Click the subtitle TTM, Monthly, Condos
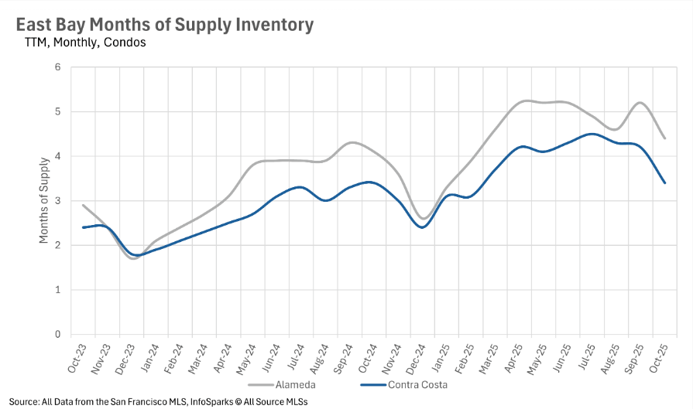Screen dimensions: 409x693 85,43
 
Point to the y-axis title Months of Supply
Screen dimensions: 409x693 44,201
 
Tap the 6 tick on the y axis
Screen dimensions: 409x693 57,67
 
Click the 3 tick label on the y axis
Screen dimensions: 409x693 57,201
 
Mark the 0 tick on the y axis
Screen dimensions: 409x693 57,335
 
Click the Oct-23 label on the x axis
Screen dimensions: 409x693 75,356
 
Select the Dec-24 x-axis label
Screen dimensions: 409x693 414,356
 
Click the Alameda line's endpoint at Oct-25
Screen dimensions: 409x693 665,138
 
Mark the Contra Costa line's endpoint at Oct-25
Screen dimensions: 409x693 665,183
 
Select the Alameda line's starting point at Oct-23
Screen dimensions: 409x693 83,206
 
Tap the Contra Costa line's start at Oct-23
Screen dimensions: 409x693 83,227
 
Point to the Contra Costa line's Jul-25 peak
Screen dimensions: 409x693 592,134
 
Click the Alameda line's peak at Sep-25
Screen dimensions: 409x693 640,103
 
